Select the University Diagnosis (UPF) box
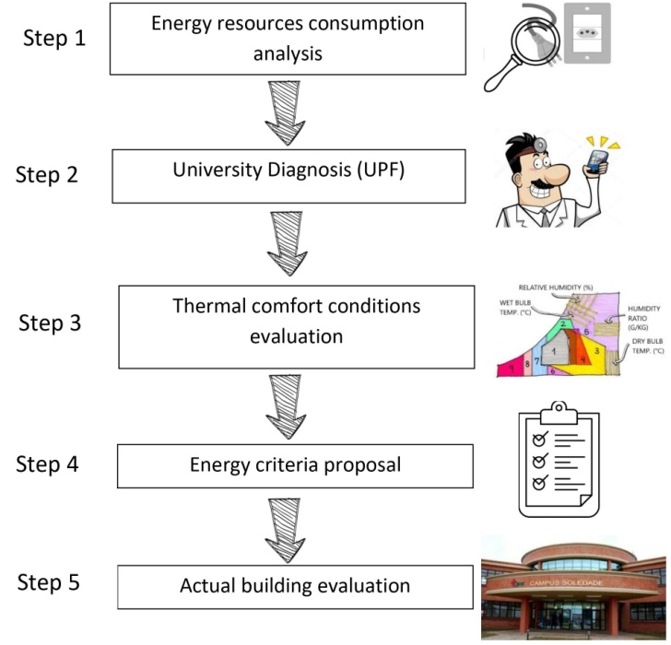coord(291,175)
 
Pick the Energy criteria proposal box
coord(295,464)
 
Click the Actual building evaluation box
coord(295,585)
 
